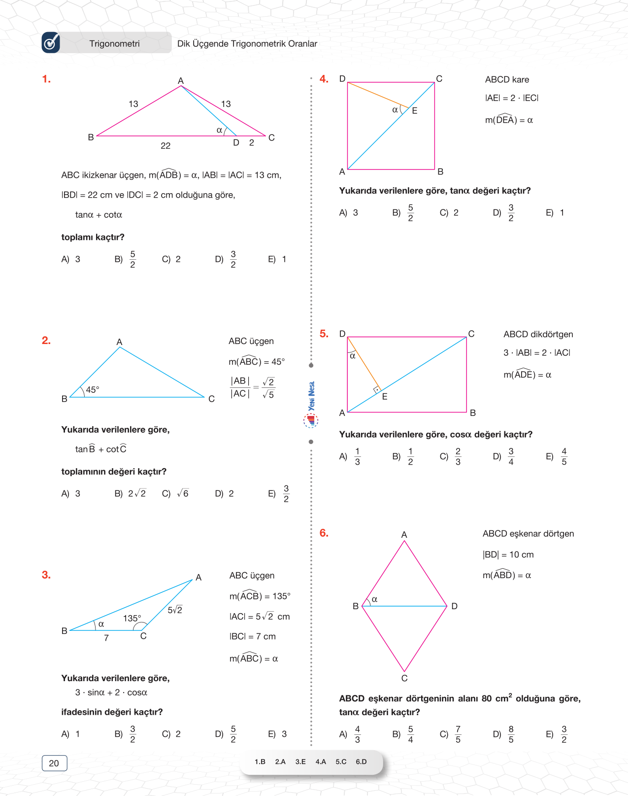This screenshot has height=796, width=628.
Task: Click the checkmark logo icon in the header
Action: [x=51, y=43]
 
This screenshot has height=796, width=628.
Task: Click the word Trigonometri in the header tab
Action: [x=114, y=44]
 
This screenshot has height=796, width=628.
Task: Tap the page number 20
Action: [x=54, y=763]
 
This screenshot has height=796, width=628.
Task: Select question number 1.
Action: [x=46, y=79]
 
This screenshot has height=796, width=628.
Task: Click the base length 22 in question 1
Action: [x=165, y=146]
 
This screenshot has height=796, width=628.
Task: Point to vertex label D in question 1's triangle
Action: [x=236, y=143]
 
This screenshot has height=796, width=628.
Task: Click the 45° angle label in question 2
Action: [x=93, y=390]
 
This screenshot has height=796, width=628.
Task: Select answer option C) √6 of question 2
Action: [x=176, y=493]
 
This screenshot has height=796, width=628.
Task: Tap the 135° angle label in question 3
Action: [x=132, y=618]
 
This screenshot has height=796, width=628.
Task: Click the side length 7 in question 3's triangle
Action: [x=106, y=638]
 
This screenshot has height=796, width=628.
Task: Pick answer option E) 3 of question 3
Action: [x=278, y=734]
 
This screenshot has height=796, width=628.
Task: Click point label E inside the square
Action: [x=415, y=111]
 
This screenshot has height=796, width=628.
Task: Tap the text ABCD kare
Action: [x=507, y=80]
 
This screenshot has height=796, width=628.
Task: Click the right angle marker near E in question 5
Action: [x=377, y=389]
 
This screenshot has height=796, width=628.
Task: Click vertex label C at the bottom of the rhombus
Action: [x=404, y=678]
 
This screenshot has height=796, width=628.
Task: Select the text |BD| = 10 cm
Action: [x=508, y=554]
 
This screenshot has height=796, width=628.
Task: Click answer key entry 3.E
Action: [x=300, y=761]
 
